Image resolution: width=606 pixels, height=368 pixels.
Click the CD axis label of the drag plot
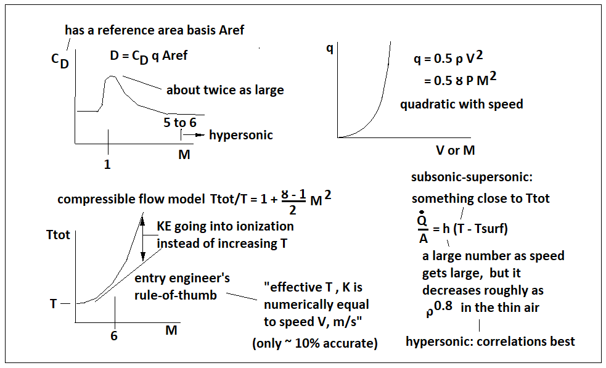59,61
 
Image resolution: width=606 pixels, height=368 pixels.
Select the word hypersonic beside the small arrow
240,135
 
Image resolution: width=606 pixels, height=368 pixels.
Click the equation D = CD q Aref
149,56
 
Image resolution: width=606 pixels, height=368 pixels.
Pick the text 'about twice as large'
225,90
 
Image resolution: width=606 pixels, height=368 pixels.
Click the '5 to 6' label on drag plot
180,122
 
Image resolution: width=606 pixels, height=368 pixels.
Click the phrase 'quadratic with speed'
461,104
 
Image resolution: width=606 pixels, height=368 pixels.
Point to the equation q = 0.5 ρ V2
448,59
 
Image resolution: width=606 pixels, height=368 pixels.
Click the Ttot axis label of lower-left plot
59,235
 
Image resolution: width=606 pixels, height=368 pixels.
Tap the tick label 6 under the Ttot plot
115,335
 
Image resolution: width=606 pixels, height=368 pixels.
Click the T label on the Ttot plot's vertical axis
54,304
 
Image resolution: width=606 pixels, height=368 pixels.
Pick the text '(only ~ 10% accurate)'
314,344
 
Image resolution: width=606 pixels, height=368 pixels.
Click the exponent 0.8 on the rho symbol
444,304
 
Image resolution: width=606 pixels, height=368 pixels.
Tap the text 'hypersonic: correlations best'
490,341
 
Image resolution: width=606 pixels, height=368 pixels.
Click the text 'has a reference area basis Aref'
154,30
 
